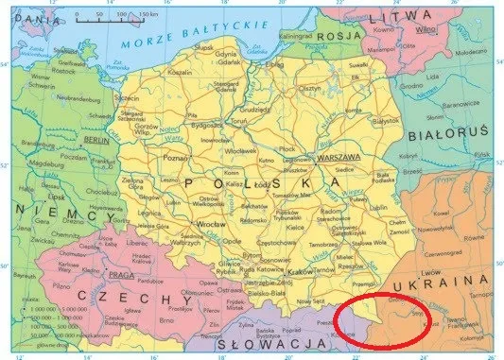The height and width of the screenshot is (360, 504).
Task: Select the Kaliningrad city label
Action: tap(294, 35)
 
